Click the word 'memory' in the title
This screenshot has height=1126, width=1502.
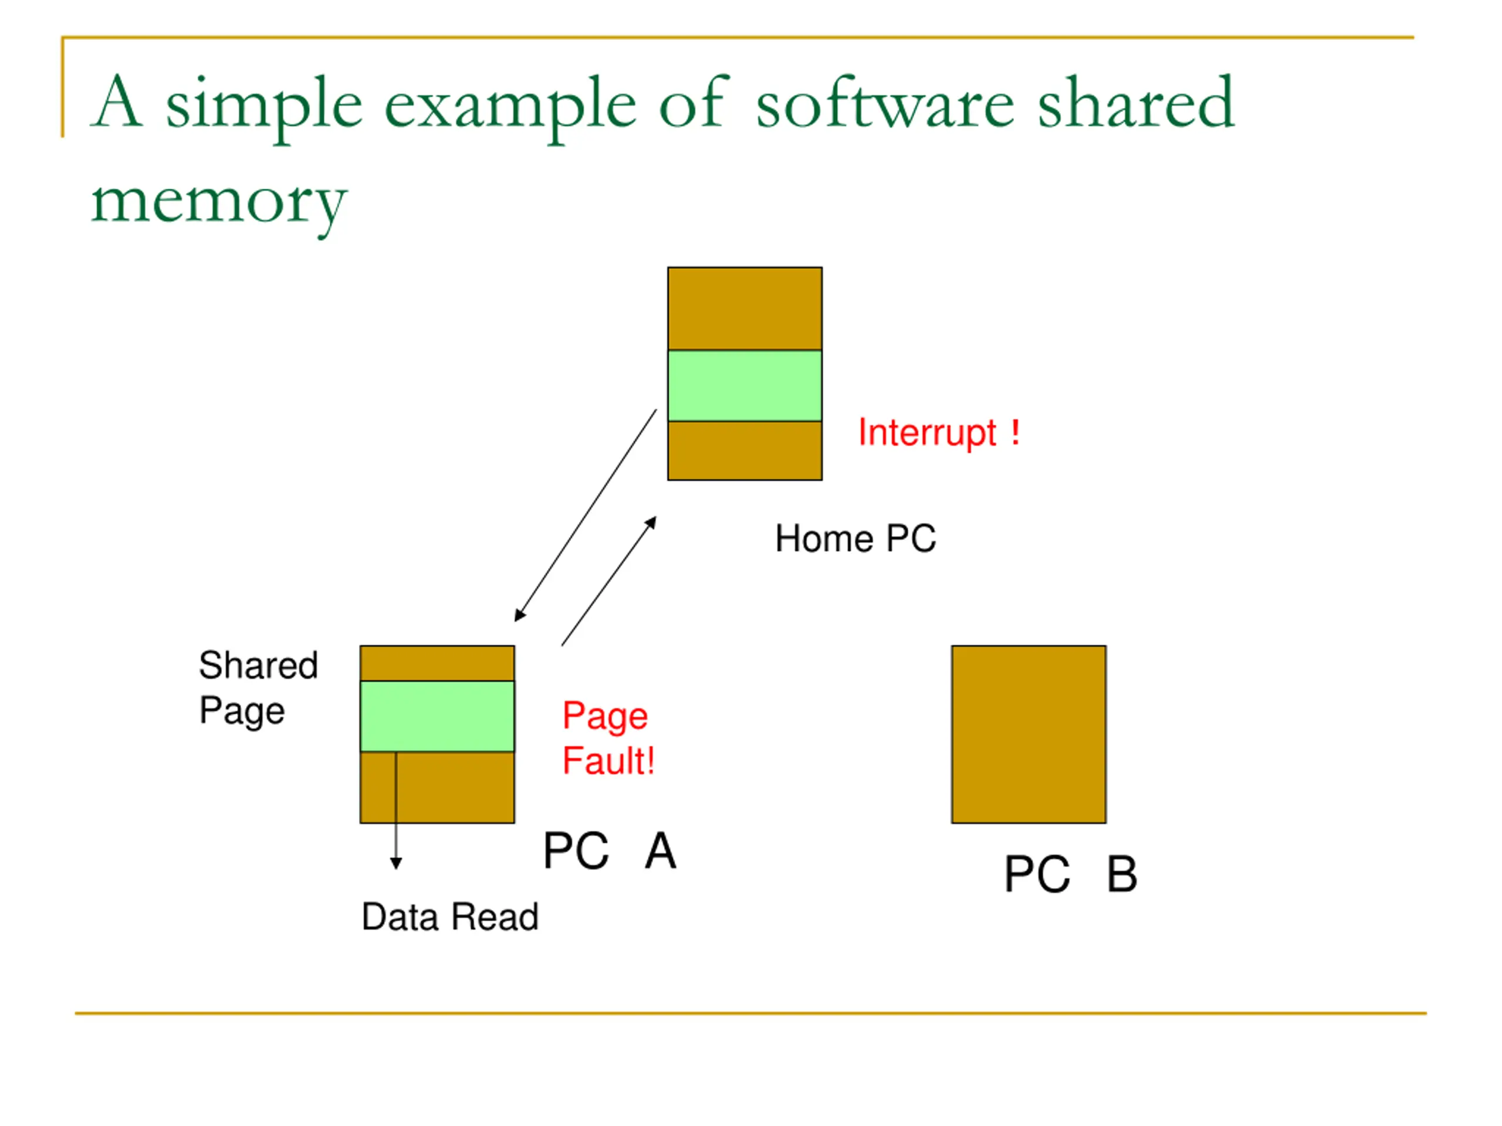(x=219, y=202)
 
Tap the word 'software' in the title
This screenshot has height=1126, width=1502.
(x=885, y=104)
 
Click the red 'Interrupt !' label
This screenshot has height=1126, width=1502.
(x=938, y=433)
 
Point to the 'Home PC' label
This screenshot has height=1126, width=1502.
(x=855, y=539)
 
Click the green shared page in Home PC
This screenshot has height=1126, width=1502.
(x=745, y=385)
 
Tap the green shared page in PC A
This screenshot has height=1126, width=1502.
(x=437, y=716)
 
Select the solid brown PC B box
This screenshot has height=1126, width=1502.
(x=1029, y=734)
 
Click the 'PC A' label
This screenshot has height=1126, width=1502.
(x=610, y=851)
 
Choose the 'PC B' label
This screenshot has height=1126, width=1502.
(x=1071, y=874)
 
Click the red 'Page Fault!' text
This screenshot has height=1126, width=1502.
(x=608, y=738)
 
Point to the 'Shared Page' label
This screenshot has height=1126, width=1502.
(x=258, y=687)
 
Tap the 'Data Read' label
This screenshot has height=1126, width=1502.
(x=450, y=917)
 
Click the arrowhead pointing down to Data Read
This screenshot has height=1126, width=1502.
(x=396, y=863)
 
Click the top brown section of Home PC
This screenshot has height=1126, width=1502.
(x=745, y=309)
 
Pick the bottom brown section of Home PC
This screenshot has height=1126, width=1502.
(x=745, y=450)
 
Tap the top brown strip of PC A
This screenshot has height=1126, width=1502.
(x=437, y=663)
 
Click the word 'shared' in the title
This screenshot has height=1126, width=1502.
(x=1135, y=104)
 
